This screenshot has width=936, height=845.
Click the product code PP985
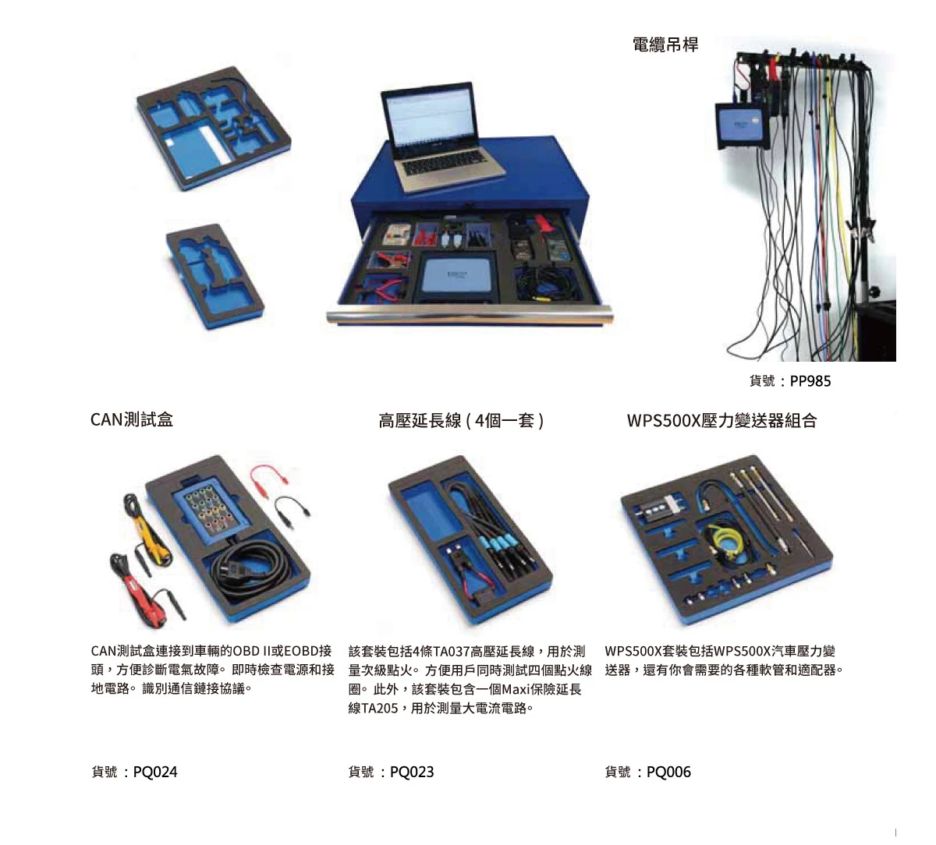click(810, 381)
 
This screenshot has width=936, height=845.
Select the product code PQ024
click(155, 772)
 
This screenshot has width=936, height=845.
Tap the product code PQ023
click(412, 772)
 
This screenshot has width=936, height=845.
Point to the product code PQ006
click(668, 772)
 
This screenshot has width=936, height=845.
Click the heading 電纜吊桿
click(665, 44)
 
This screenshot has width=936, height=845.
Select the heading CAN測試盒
click(132, 419)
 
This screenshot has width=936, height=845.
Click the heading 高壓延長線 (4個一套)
click(461, 421)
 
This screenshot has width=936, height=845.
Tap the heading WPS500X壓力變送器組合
click(721, 421)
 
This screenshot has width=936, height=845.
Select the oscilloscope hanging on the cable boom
click(743, 126)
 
